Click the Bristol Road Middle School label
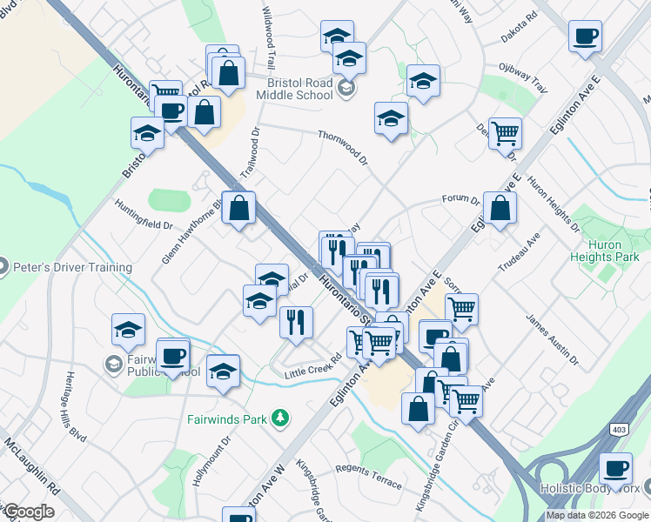[x=299, y=88]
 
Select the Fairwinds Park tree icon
[x=279, y=418]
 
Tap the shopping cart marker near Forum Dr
[x=505, y=134]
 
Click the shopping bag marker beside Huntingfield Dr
[x=238, y=208]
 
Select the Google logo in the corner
[x=29, y=512]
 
